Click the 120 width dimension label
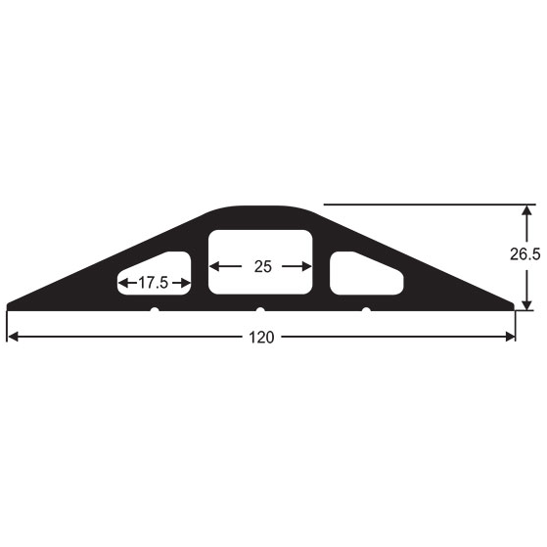pos(261,338)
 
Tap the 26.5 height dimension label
pos(525,254)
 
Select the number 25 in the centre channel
pos(262,267)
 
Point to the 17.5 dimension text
pos(154,283)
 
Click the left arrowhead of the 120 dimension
pos(13,337)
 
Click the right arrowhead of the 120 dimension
pos(510,337)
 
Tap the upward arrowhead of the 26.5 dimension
pos(527,210)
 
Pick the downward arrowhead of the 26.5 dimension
pos(527,304)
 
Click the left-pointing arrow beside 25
pos(226,266)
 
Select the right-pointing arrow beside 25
pos(296,266)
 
